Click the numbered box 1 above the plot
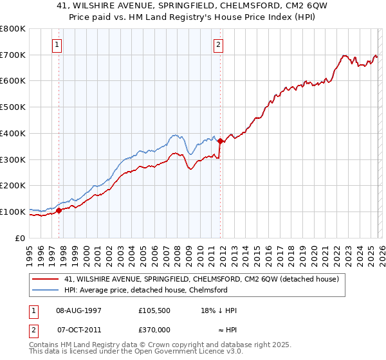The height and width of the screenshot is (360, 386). pos(58,45)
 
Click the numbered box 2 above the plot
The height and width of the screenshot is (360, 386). pos(219,45)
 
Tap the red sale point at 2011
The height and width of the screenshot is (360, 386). pos(220,141)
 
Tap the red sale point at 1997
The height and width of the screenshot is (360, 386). pos(59,210)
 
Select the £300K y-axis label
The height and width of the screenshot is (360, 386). pos(14,159)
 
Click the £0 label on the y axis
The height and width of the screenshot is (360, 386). pos(19,238)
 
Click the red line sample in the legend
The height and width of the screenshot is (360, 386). pos(46,280)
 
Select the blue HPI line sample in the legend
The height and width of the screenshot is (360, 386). pos(46,290)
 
